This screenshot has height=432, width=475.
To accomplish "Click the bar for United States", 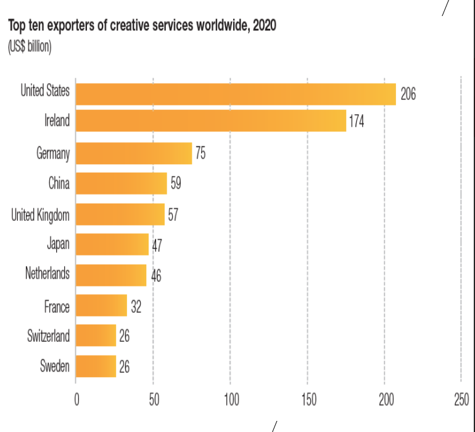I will [x=236, y=94].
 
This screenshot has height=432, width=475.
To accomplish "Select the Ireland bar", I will [x=211, y=121].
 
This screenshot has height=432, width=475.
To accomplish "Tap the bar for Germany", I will [x=134, y=153].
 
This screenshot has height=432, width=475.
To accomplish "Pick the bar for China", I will [x=122, y=183].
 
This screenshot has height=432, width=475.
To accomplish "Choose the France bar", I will [x=101, y=305].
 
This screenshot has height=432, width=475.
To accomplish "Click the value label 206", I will [x=408, y=94].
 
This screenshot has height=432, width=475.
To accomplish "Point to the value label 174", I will [x=357, y=122].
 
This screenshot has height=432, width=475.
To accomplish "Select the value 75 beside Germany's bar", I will [x=200, y=153].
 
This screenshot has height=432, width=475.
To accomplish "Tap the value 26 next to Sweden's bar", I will [x=124, y=367].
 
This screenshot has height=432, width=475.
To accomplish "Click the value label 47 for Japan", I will [x=157, y=245].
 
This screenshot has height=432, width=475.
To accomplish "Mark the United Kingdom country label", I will [x=40, y=214].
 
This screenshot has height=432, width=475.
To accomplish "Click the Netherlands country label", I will [x=47, y=273].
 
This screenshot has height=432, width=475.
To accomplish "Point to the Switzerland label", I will [x=48, y=336].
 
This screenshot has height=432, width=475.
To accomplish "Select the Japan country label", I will [x=58, y=244].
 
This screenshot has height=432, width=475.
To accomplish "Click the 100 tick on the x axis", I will [x=230, y=400].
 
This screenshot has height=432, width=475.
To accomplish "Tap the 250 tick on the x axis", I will [x=461, y=400].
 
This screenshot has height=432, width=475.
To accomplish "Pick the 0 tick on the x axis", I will [x=76, y=400].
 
